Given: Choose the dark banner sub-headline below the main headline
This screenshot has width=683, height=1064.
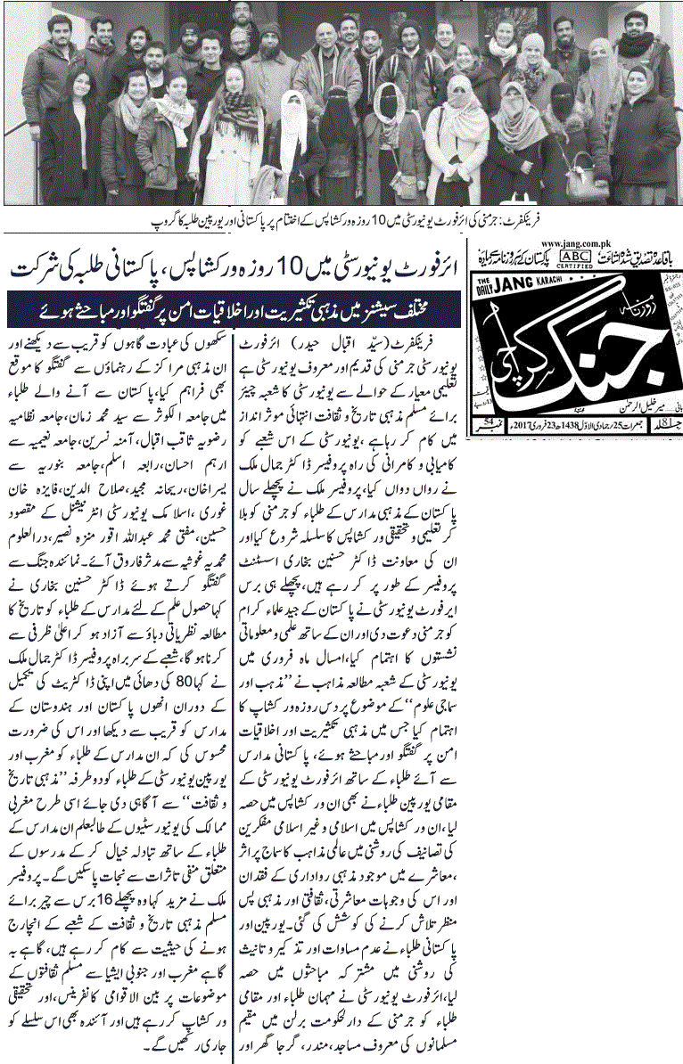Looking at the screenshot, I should tap(235, 311).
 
